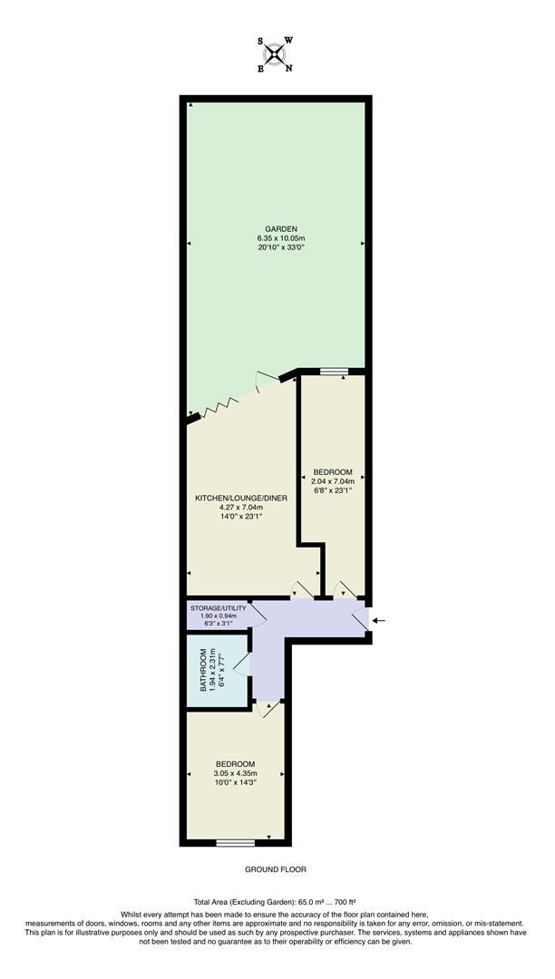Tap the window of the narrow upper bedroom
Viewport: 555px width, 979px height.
[333, 371]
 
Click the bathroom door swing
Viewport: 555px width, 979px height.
[240, 664]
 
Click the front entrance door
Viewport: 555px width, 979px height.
[361, 618]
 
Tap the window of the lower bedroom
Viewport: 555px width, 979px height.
[235, 843]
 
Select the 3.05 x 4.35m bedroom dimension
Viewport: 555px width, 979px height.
[235, 773]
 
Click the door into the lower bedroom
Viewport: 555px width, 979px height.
[265, 710]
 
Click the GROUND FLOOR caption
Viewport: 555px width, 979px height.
[276, 869]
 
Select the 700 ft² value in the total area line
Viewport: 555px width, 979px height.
[346, 902]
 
